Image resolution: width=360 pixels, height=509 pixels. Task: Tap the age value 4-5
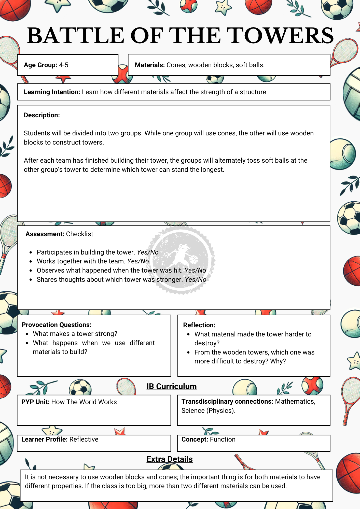(x=64, y=65)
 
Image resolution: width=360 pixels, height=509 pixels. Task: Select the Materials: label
(x=150, y=65)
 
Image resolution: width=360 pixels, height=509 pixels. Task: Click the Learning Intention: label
(x=52, y=92)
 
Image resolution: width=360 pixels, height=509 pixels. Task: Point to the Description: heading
(x=42, y=115)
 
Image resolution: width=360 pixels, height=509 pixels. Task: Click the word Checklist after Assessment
(x=79, y=234)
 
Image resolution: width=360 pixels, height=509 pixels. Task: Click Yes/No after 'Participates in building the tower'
(x=148, y=252)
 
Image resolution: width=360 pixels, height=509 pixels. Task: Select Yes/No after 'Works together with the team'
(x=138, y=261)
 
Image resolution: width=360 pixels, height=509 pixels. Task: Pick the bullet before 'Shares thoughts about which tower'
(x=31, y=280)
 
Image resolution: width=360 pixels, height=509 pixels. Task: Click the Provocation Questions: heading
(x=57, y=325)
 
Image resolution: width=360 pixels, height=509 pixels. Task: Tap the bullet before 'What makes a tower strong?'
(x=27, y=334)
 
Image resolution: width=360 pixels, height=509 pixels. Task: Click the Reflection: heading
(x=199, y=325)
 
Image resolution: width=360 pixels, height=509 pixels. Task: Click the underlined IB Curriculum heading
(x=172, y=386)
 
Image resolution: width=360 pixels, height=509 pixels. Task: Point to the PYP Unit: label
(x=35, y=402)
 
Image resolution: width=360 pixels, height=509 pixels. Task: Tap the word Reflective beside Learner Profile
(x=84, y=440)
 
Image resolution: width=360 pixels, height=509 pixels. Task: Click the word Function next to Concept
(x=223, y=440)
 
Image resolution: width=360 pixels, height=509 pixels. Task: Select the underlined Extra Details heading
(x=170, y=459)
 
